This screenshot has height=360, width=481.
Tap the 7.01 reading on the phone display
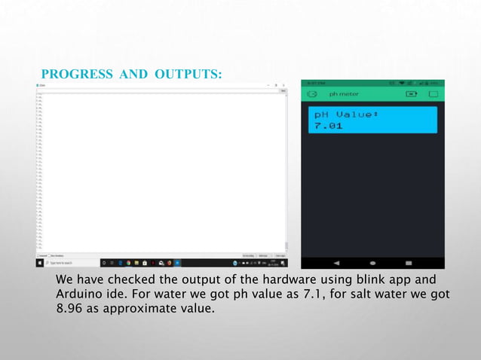[329, 127]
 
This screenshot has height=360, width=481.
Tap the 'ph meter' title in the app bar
[344, 94]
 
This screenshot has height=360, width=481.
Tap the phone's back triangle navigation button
[336, 263]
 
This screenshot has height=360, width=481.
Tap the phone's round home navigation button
[372, 263]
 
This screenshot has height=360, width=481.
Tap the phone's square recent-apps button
[409, 263]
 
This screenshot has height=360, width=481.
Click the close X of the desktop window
[284, 86]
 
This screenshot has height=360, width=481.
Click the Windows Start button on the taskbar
[39, 263]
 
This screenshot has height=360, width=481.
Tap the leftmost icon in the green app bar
[311, 94]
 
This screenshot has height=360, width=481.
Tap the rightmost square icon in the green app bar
[434, 94]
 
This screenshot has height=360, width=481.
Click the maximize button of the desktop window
[277, 86]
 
